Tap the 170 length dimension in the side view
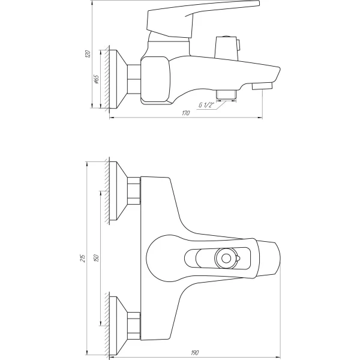(x=186, y=114)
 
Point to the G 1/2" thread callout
(x=207, y=106)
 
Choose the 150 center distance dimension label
(x=97, y=258)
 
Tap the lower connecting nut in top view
(x=134, y=325)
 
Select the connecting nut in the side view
(x=134, y=78)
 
